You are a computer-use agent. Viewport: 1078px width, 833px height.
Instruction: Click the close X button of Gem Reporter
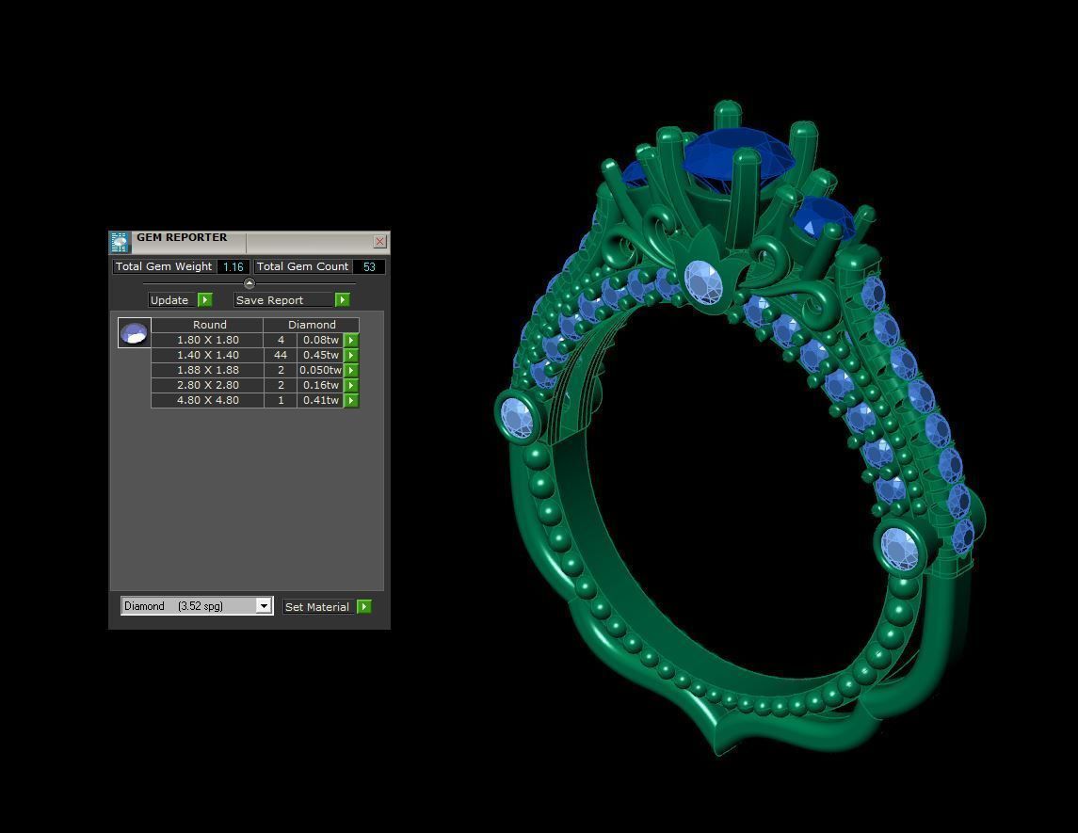[x=379, y=242]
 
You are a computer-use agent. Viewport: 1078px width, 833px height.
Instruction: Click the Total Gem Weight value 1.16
[x=233, y=266]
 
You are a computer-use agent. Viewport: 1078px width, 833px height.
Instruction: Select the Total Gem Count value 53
[x=369, y=266]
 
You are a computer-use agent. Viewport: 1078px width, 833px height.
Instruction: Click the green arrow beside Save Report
[x=342, y=300]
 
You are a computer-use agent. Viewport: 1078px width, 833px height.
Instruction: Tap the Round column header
[x=209, y=325]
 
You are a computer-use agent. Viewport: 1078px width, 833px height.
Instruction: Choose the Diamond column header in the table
[x=312, y=325]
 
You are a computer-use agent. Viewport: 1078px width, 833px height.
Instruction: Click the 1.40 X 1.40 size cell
[x=207, y=355]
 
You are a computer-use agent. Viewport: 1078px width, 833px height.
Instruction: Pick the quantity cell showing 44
[x=281, y=355]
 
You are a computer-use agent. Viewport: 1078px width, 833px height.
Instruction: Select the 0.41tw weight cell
[x=320, y=400]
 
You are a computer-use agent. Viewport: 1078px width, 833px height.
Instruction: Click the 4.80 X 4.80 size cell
[x=207, y=400]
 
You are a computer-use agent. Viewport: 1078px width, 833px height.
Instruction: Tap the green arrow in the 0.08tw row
[x=351, y=340]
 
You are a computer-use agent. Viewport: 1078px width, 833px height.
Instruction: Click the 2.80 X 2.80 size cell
[x=207, y=385]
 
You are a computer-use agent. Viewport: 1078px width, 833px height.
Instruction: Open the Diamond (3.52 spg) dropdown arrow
[x=264, y=606]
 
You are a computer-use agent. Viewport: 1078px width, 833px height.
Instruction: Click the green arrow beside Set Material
[x=364, y=607]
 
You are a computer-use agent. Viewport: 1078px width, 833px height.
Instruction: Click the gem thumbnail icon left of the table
[x=134, y=332]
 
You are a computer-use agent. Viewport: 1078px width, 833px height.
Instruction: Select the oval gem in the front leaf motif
[x=702, y=280]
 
